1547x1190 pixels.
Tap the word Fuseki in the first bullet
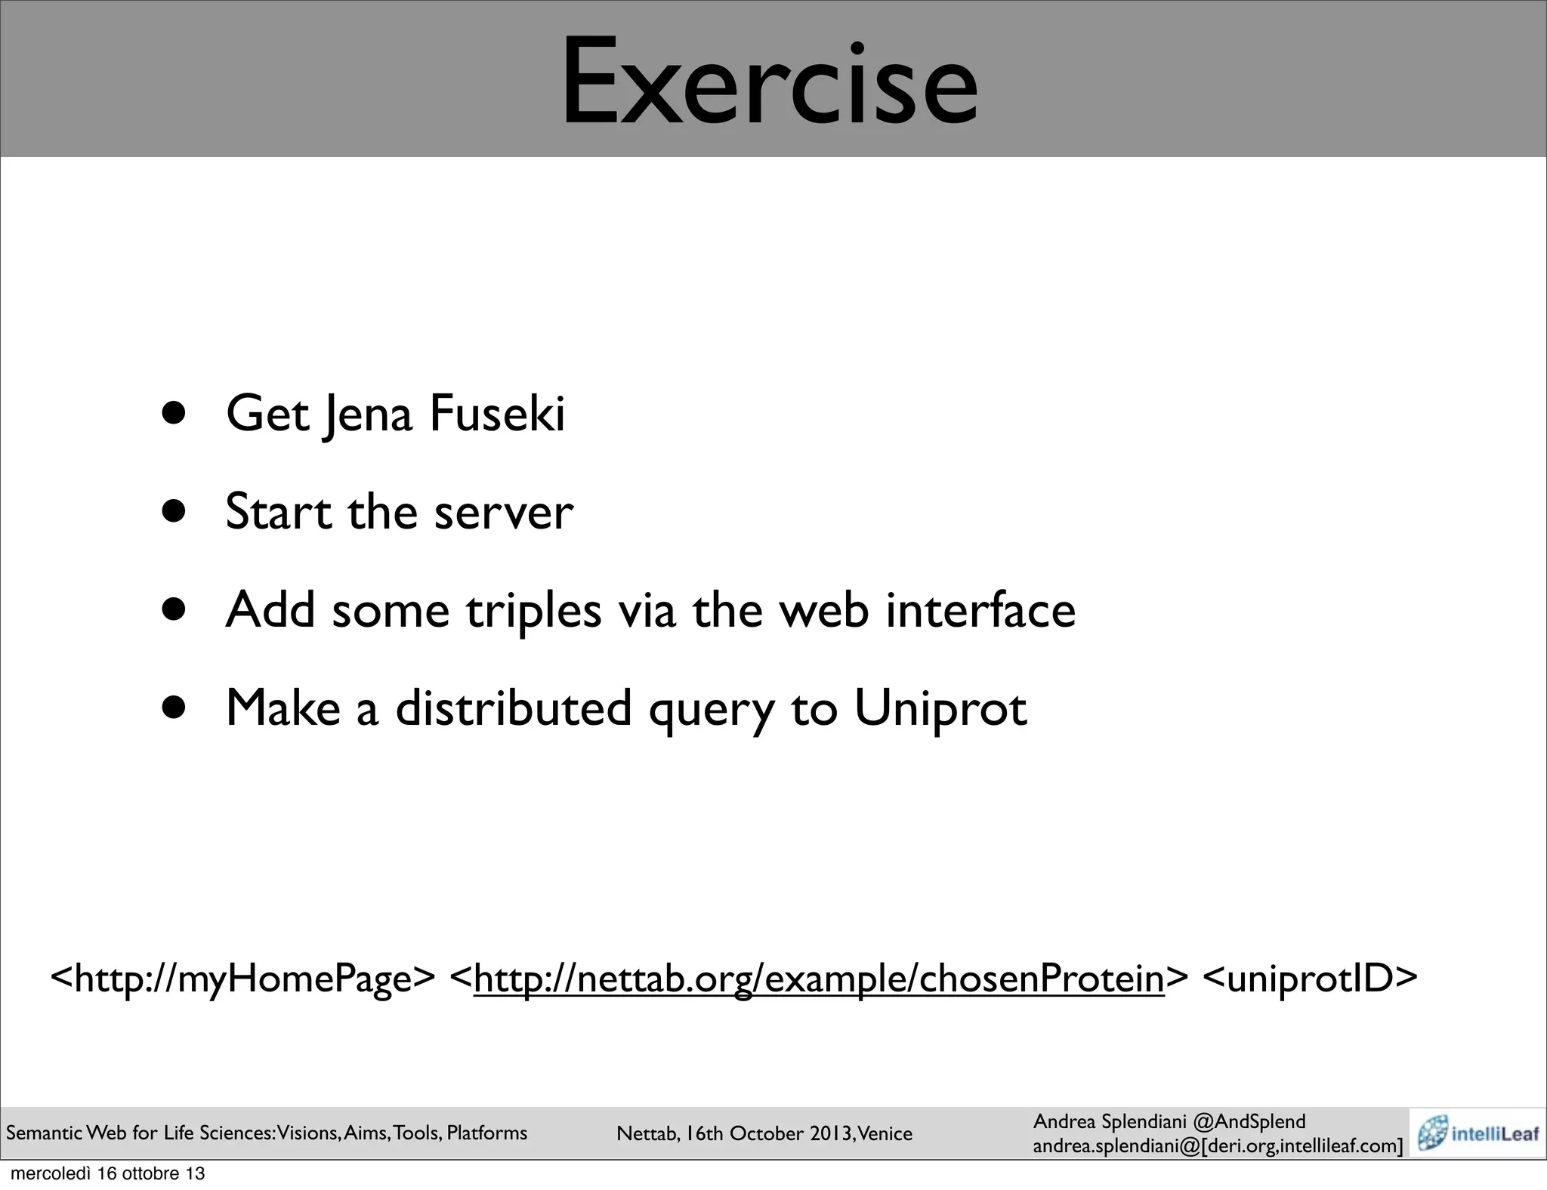pos(497,414)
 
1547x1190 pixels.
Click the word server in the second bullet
pos(504,512)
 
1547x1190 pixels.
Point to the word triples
pos(533,610)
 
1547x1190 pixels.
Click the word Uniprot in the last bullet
pos(940,708)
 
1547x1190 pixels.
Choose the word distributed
pos(514,708)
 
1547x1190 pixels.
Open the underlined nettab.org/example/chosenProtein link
pos(819,979)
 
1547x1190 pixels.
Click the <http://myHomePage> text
pos(242,979)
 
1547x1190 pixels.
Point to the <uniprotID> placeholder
pos(1309,979)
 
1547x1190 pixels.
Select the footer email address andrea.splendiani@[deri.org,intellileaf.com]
pos(1218,1146)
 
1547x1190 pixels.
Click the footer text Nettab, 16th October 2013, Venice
pos(764,1133)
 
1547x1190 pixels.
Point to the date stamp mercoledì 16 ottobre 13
pos(108,1174)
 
